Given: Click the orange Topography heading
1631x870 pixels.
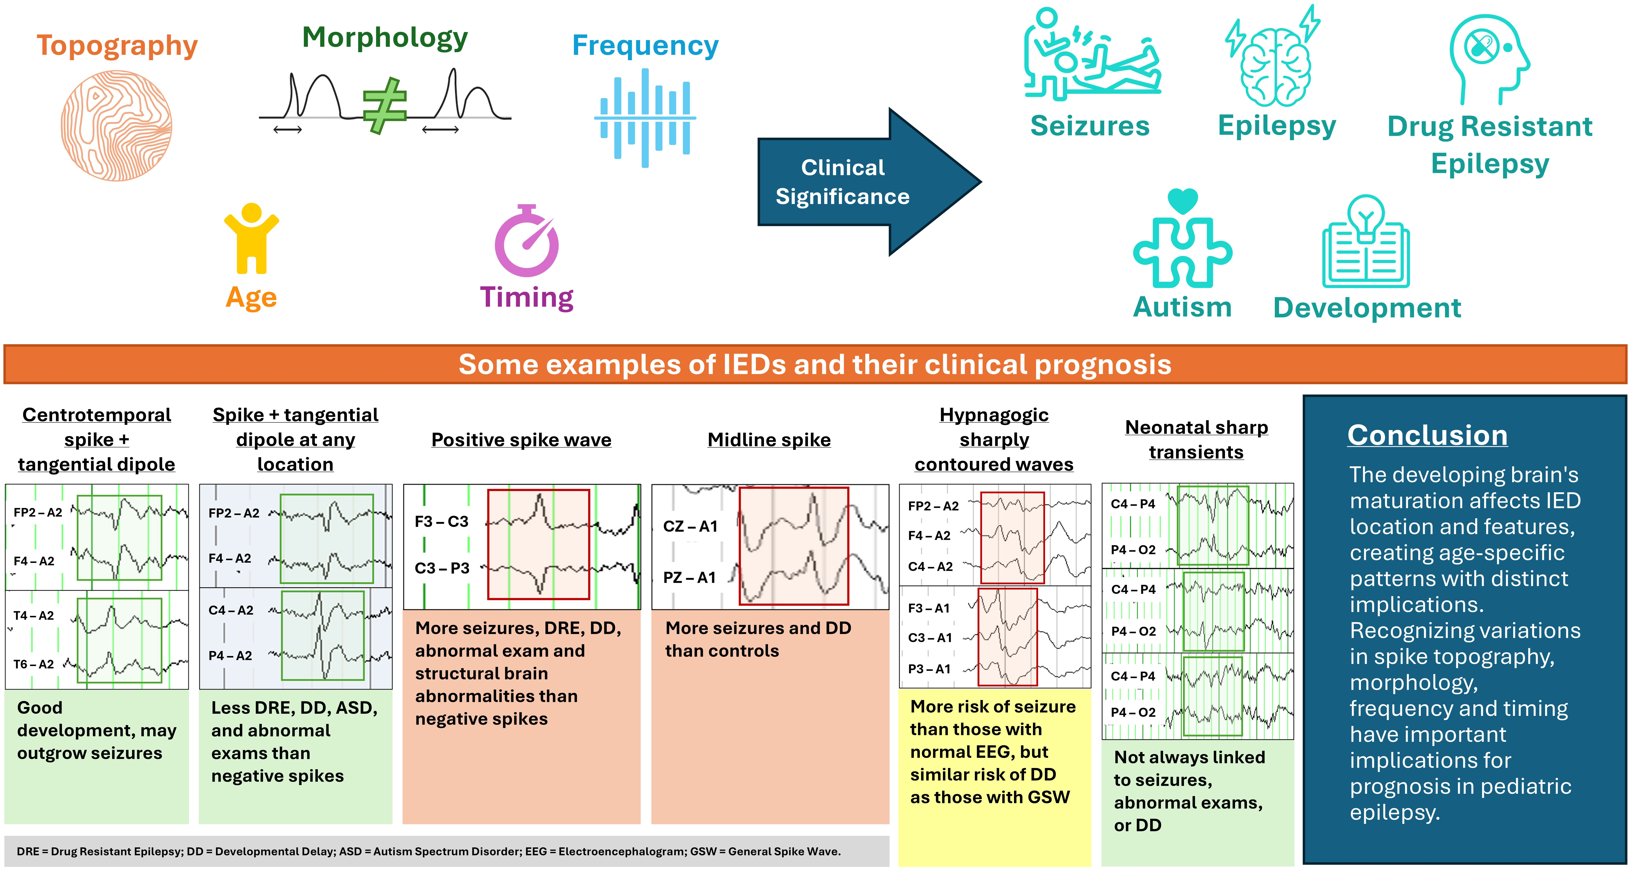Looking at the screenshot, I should (x=117, y=46).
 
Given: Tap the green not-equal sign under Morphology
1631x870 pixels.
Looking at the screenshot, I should (x=384, y=106).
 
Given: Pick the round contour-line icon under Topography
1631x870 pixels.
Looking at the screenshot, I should (x=117, y=125).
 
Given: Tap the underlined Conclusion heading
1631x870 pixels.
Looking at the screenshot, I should (x=1427, y=436).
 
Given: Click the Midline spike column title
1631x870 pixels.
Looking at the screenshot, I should (x=769, y=440).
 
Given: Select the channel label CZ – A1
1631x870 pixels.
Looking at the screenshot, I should (x=690, y=526).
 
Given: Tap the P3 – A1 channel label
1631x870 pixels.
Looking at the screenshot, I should (x=929, y=669).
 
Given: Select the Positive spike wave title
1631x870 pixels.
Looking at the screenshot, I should (x=521, y=440).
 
